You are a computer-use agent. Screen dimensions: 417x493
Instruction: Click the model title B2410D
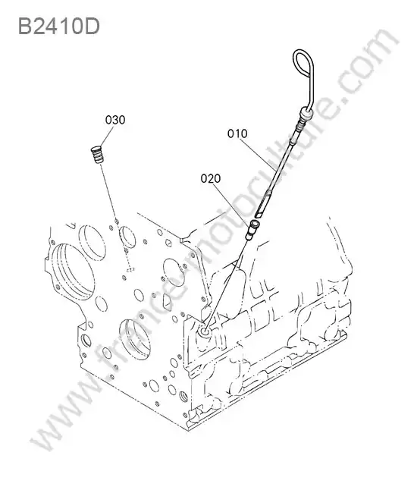59,26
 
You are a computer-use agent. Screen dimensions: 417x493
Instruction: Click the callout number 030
115,120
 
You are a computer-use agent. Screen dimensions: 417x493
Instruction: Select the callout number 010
237,133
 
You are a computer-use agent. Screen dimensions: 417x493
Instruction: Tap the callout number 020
211,178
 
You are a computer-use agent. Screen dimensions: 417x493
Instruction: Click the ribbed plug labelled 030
97,154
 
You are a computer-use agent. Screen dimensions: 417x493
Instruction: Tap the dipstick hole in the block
205,331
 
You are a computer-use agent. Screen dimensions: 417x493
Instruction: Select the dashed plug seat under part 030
130,269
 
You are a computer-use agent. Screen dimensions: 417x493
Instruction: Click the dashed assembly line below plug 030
114,215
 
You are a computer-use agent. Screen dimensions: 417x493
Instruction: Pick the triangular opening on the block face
167,303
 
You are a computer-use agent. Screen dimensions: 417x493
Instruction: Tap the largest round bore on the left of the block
72,271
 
